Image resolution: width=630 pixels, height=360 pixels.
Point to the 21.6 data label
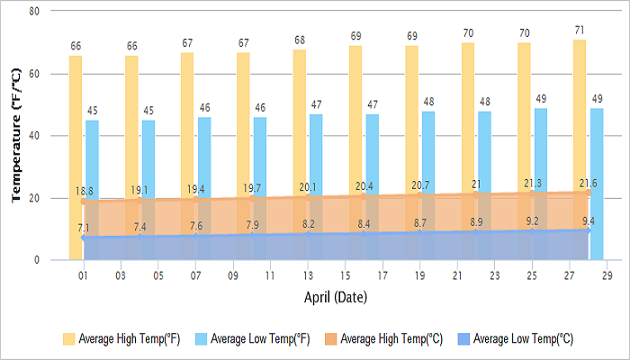tap(587, 184)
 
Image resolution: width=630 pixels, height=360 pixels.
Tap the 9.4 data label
tap(587, 221)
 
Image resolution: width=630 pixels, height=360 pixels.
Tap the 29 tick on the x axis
tap(607, 274)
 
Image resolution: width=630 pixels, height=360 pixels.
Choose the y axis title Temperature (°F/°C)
tap(15, 135)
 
